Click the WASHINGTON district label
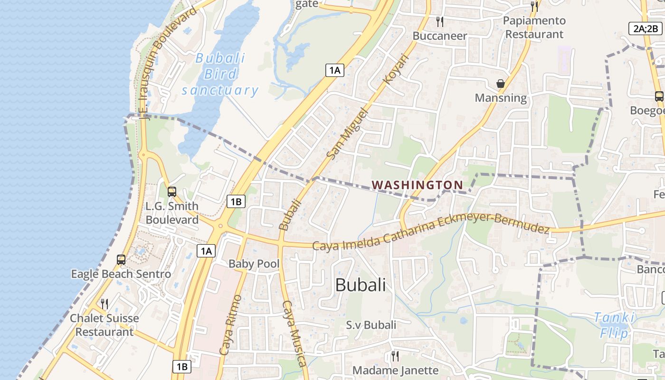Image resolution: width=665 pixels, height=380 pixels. point(417,185)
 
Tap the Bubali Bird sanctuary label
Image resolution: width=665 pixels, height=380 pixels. point(220,74)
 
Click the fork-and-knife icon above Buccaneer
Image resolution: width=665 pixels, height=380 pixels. point(440,21)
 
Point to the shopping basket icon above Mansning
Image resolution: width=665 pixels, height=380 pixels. point(501,84)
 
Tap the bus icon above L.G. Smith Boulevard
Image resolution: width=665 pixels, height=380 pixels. point(172,192)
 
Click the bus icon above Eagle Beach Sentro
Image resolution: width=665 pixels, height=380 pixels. point(121,260)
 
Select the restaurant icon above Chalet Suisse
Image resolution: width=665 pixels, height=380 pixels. point(104,304)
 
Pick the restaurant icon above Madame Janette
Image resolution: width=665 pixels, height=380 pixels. point(395,356)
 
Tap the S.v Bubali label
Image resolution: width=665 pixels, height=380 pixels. point(371,325)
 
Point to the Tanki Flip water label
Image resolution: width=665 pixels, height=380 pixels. point(614,325)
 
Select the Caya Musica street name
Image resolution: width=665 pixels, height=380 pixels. point(294,333)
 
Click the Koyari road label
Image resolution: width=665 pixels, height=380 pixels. point(396,69)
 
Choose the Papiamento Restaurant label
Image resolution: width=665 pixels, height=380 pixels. point(534,28)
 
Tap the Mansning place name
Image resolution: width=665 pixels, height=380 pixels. point(501,98)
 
